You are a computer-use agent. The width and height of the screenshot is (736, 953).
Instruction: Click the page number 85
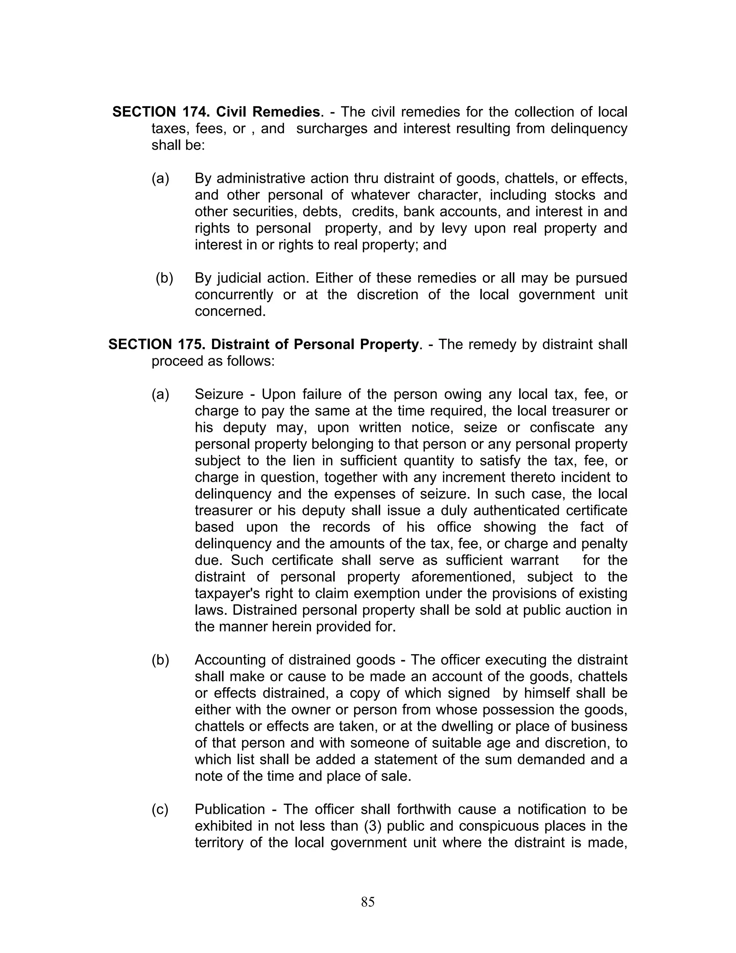click(368, 902)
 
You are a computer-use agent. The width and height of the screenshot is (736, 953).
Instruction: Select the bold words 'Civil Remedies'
click(268, 112)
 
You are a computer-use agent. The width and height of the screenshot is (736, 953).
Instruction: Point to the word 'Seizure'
click(219, 394)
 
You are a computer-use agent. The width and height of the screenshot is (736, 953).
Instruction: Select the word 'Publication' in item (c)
click(230, 809)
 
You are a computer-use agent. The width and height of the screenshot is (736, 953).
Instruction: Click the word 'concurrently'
click(234, 295)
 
